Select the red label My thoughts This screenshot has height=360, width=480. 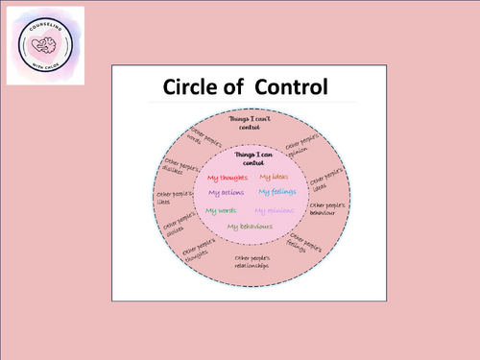pyautogui.click(x=227, y=177)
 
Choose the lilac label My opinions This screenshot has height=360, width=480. pyautogui.click(x=274, y=210)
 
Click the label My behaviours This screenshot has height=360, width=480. pyautogui.click(x=250, y=227)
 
